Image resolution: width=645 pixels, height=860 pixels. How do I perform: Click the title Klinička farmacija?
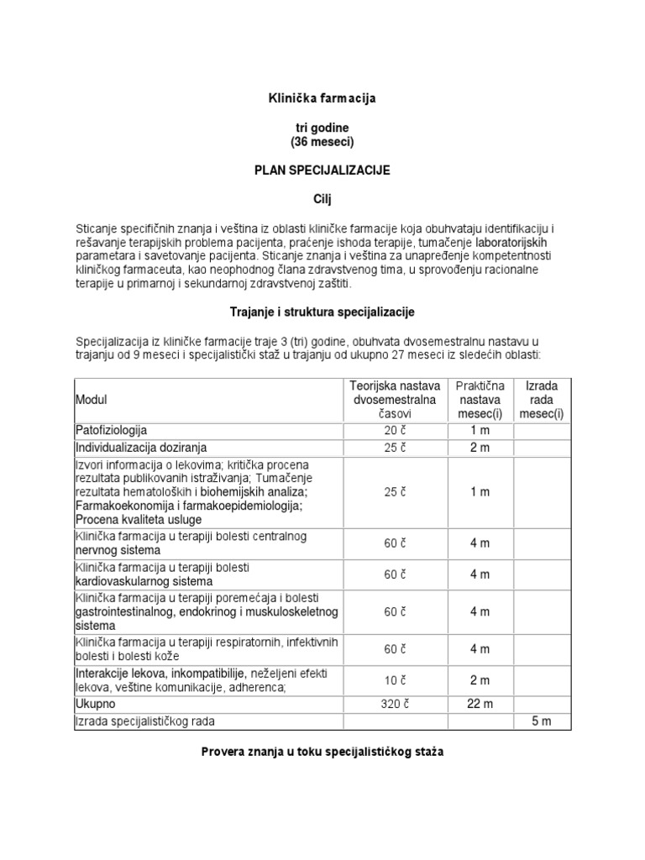pyautogui.click(x=322, y=98)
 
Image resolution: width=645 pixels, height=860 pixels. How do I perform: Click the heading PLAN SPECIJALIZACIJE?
pyautogui.click(x=322, y=170)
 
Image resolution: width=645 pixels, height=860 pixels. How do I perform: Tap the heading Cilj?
pyautogui.click(x=322, y=198)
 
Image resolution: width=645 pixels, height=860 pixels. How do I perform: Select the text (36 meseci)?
pyautogui.click(x=322, y=141)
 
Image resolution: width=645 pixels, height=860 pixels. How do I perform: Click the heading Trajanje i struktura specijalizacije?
pyautogui.click(x=322, y=312)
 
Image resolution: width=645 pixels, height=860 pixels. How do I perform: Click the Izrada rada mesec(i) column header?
pyautogui.click(x=542, y=400)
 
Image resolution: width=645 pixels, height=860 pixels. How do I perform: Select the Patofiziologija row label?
pyautogui.click(x=112, y=431)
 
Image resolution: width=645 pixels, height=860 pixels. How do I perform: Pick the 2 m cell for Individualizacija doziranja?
pyautogui.click(x=480, y=448)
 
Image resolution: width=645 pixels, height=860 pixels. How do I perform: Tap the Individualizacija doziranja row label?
pyautogui.click(x=141, y=448)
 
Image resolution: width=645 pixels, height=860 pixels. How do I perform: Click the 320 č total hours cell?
pyautogui.click(x=394, y=704)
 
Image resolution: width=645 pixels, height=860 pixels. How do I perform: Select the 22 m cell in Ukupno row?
pyautogui.click(x=480, y=704)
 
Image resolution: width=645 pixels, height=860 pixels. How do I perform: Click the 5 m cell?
pyautogui.click(x=542, y=721)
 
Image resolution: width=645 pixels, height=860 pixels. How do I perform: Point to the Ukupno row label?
pyautogui.click(x=95, y=704)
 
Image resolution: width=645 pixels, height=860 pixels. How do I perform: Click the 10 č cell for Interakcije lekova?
pyautogui.click(x=394, y=680)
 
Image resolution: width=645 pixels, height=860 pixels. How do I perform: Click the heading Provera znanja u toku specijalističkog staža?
pyautogui.click(x=322, y=752)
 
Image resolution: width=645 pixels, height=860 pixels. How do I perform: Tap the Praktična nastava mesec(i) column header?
pyautogui.click(x=480, y=400)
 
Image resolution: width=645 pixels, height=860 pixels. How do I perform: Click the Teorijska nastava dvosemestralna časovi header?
pyautogui.click(x=394, y=400)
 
